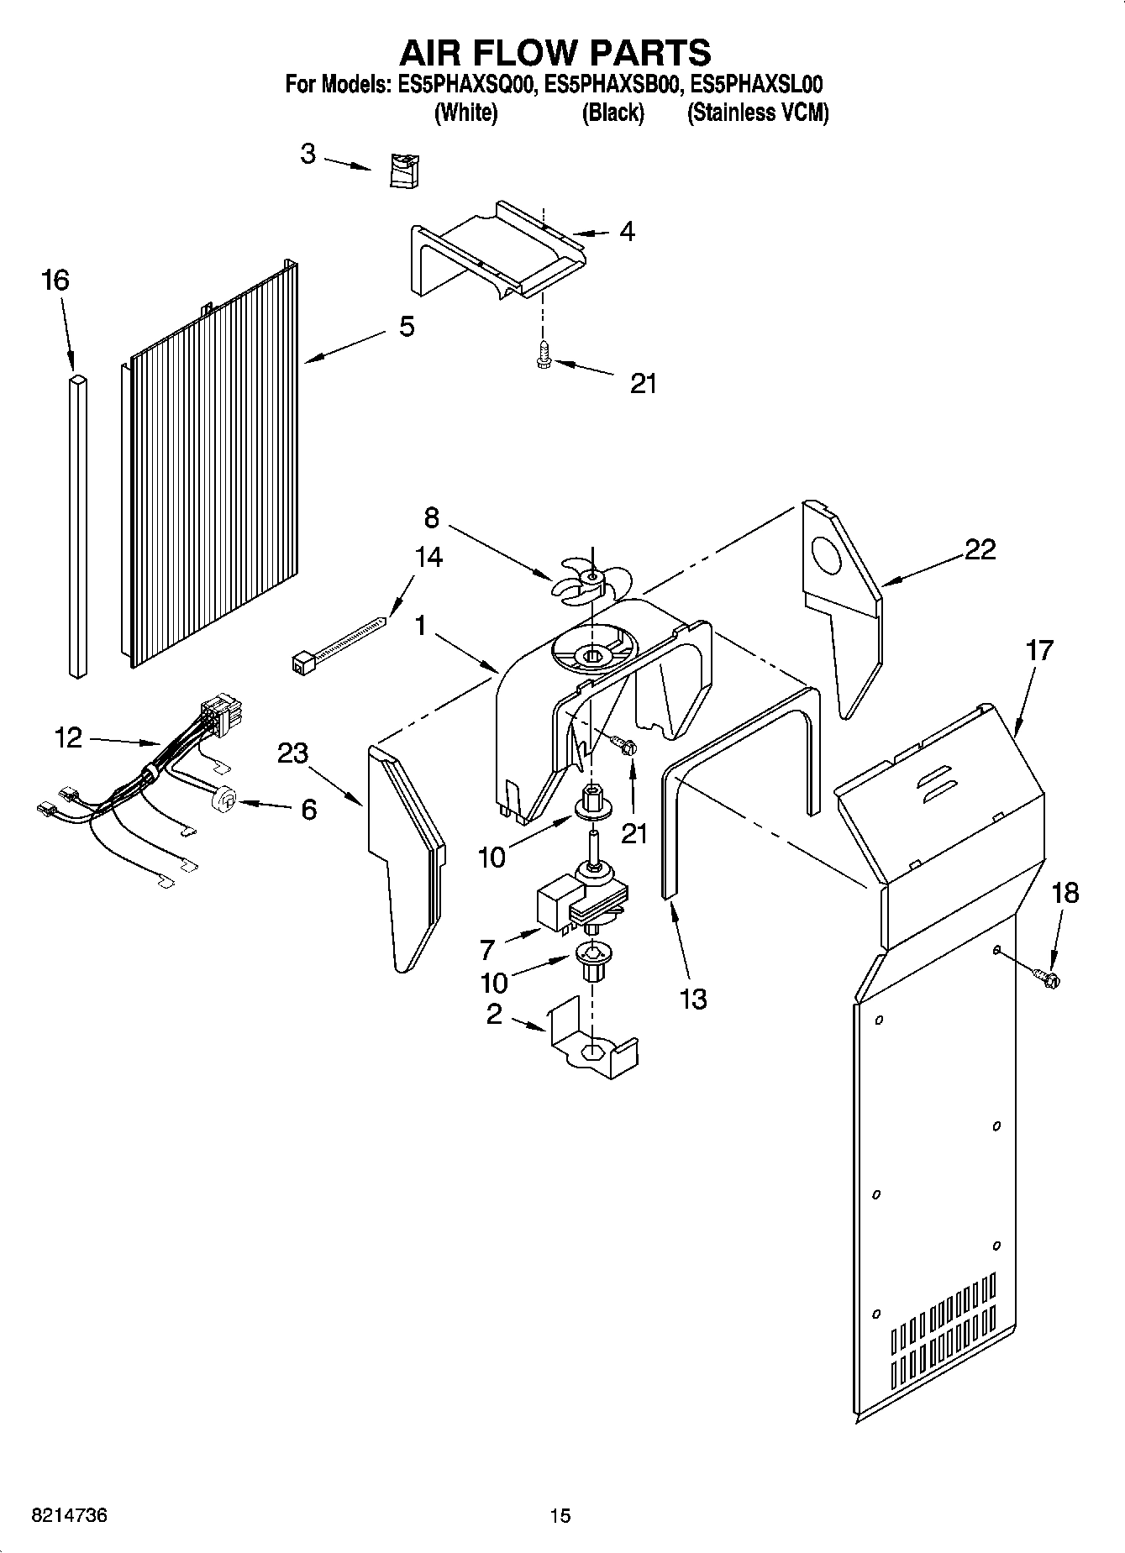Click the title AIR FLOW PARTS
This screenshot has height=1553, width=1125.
coord(555,52)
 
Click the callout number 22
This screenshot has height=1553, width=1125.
coord(980,549)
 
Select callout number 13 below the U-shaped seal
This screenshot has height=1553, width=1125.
coord(693,999)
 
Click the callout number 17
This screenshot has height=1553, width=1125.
coord(1039,650)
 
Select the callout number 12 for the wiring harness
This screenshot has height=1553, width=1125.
coord(67,738)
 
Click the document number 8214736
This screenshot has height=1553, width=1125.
coord(69,1515)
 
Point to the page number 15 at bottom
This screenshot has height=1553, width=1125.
coord(560,1515)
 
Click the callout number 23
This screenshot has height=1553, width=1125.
coord(292,753)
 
